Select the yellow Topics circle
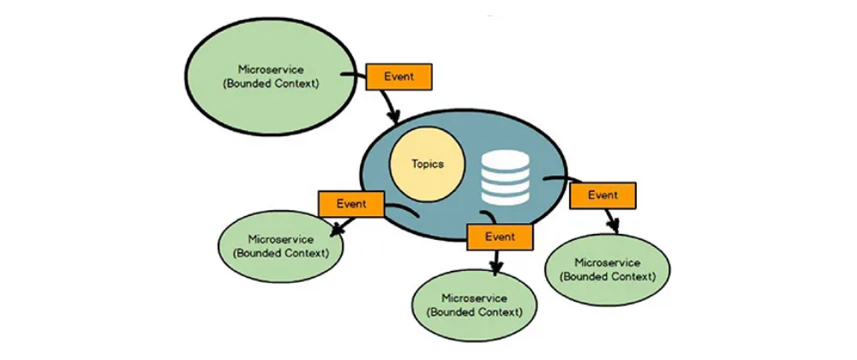pyautogui.click(x=428, y=165)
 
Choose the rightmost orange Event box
pyautogui.click(x=602, y=195)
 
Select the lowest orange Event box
pyautogui.click(x=500, y=235)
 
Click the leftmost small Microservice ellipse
pyautogui.click(x=280, y=244)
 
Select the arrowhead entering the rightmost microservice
pyautogui.click(x=614, y=227)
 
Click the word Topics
pyautogui.click(x=428, y=165)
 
